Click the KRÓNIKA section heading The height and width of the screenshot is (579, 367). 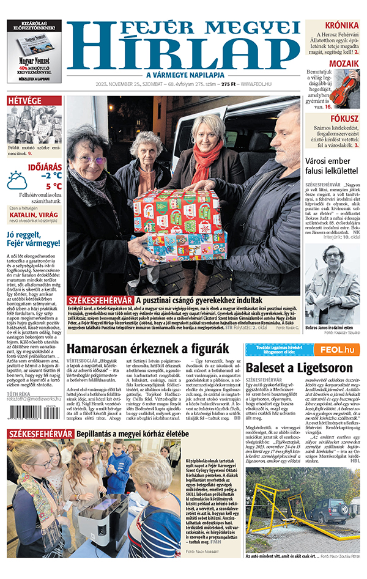[341, 25]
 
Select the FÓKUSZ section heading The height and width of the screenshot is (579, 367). [344, 119]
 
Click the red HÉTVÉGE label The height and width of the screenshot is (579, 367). [24, 100]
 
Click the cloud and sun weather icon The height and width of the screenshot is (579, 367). [17, 180]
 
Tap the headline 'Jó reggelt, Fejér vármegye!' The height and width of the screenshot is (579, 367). [34, 238]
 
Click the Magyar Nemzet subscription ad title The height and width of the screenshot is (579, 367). [34, 62]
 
